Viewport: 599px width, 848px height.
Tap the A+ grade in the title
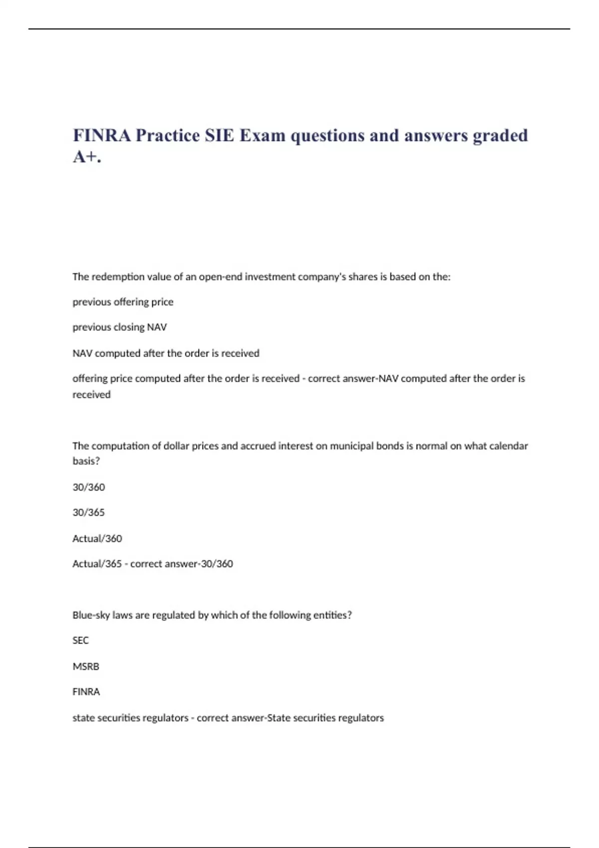86,157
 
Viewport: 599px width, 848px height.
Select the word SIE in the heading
219,135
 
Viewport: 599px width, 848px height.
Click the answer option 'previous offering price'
123,302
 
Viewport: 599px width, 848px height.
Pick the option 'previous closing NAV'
119,327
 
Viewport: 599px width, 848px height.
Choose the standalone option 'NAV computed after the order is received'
166,353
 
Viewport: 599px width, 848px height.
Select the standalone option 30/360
88,487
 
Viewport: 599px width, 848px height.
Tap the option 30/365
88,512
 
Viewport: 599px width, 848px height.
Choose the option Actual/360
97,538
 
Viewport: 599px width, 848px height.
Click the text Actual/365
97,564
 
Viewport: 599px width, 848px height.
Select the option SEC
80,640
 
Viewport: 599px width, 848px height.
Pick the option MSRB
86,666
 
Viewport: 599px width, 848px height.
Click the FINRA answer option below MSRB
86,692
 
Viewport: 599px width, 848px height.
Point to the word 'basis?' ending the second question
86,461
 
